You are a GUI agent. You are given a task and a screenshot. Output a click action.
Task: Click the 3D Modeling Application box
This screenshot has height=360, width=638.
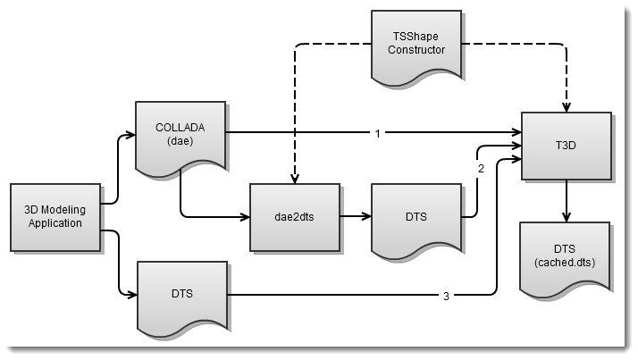(x=55, y=216)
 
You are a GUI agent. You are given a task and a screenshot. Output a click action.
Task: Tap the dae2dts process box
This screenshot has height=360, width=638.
(x=294, y=216)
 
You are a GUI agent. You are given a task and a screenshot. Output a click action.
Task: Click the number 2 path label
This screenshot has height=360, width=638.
(x=481, y=169)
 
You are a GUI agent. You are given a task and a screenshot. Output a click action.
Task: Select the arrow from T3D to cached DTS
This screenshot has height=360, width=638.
(x=567, y=202)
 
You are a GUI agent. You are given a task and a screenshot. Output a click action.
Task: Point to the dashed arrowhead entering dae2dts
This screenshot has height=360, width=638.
(x=294, y=178)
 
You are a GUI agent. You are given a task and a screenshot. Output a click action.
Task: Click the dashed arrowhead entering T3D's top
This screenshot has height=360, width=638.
(x=567, y=105)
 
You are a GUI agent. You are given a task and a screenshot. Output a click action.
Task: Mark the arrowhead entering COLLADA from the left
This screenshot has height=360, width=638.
(x=130, y=138)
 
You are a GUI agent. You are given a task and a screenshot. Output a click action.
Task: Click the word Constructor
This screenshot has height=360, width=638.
(x=416, y=49)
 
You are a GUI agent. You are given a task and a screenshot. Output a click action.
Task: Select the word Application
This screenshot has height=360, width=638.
(x=55, y=222)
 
